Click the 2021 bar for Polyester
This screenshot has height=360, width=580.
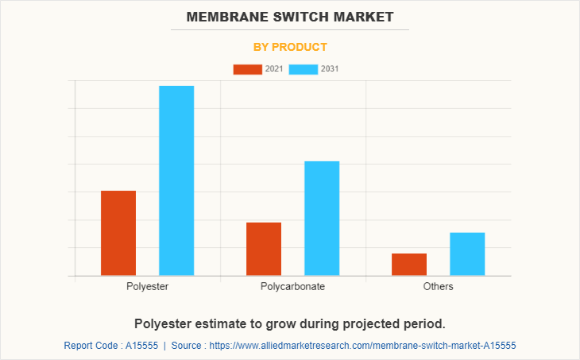click(118, 233)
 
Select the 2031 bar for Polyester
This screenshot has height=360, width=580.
click(176, 180)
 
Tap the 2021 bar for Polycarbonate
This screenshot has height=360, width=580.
click(264, 249)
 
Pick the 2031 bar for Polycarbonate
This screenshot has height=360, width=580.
click(322, 219)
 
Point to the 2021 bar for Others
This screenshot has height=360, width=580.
click(409, 265)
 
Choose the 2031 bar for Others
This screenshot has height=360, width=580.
click(467, 254)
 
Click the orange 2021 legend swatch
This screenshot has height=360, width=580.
click(247, 69)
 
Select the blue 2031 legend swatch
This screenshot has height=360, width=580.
click(304, 69)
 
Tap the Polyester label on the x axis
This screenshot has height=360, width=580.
click(147, 286)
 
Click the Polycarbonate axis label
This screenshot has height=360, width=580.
click(292, 286)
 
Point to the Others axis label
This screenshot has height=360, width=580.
click(439, 286)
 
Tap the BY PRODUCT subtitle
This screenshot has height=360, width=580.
click(290, 47)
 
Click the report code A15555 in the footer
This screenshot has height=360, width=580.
click(139, 346)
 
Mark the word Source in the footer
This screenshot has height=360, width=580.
click(189, 346)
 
